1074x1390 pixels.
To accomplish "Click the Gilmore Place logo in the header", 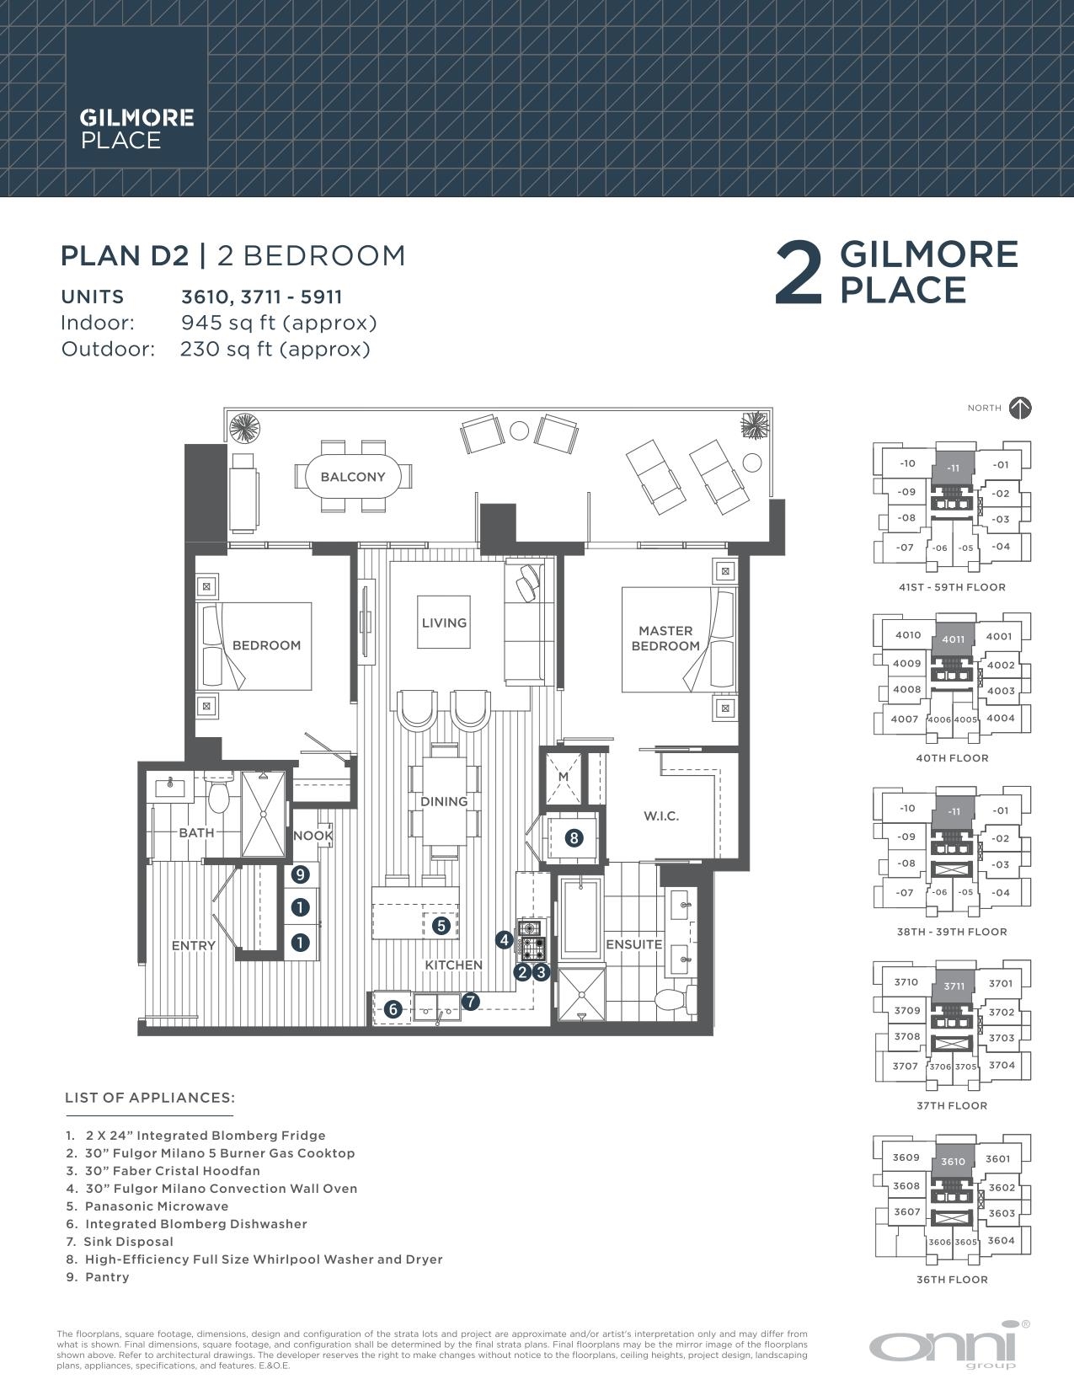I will click(x=136, y=129).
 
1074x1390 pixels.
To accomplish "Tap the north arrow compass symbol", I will click(x=1020, y=408).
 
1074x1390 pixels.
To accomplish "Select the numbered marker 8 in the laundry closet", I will click(x=574, y=838).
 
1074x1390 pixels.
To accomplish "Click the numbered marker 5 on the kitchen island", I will click(x=441, y=925).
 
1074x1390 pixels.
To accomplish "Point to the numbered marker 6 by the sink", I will click(x=393, y=1008).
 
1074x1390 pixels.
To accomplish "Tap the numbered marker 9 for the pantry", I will click(x=301, y=875).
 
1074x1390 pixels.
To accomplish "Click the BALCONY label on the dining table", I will click(x=352, y=477).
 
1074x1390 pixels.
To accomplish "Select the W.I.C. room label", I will click(x=660, y=815).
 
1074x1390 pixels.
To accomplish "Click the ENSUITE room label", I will click(x=633, y=944).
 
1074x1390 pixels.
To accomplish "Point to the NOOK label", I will click(x=313, y=836).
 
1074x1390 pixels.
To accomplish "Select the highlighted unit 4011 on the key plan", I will click(x=953, y=639).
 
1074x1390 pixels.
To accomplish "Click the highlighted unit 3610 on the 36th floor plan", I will click(x=953, y=1162).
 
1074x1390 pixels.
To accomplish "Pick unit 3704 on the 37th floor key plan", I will click(x=1002, y=1065).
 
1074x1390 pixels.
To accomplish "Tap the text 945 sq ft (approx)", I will click(x=279, y=323).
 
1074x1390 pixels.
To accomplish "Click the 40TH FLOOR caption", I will click(x=952, y=758).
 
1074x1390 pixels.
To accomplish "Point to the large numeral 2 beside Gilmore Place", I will click(x=797, y=272).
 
